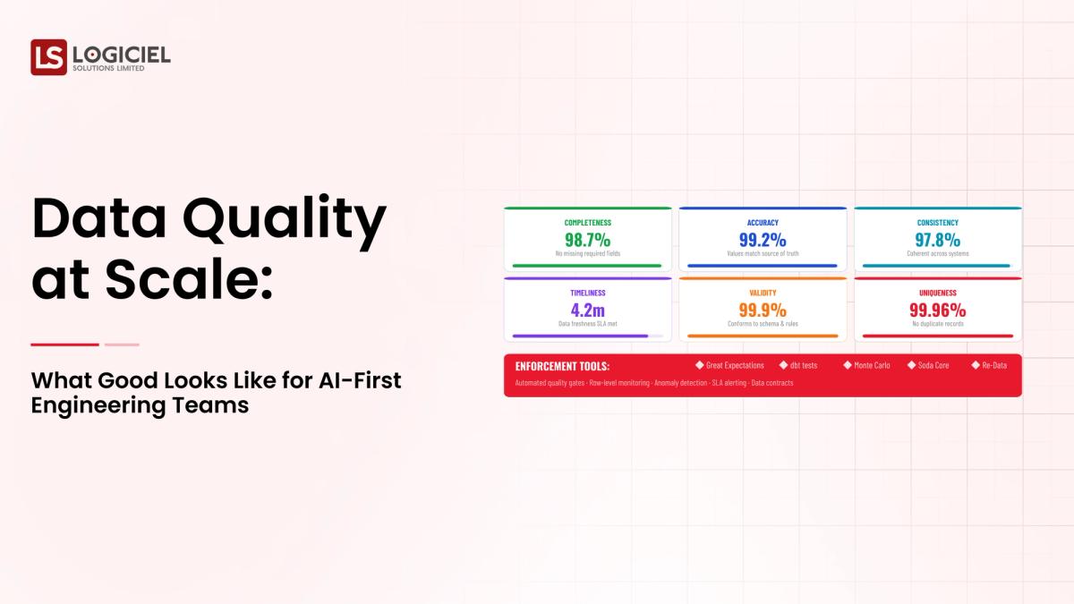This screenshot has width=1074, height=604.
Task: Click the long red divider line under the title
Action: click(64, 345)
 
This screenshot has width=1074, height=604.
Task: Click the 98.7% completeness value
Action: click(587, 239)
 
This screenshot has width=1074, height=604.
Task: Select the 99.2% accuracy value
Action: click(763, 239)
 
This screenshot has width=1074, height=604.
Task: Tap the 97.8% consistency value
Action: click(937, 239)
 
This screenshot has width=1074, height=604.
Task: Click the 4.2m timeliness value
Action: click(587, 310)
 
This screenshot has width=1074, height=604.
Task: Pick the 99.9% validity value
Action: click(763, 310)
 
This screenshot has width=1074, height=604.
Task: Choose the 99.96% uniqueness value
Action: click(937, 310)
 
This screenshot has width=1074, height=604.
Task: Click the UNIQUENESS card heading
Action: click(937, 293)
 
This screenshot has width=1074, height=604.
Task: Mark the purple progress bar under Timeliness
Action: click(580, 336)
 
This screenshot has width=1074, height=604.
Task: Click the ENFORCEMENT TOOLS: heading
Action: click(562, 366)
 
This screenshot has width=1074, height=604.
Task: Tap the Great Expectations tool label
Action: click(735, 365)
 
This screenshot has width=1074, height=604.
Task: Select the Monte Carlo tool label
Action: click(872, 365)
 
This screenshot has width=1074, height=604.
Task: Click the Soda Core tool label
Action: click(933, 365)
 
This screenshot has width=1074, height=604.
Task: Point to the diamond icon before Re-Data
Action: click(976, 364)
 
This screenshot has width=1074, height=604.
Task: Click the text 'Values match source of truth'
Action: click(763, 253)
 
